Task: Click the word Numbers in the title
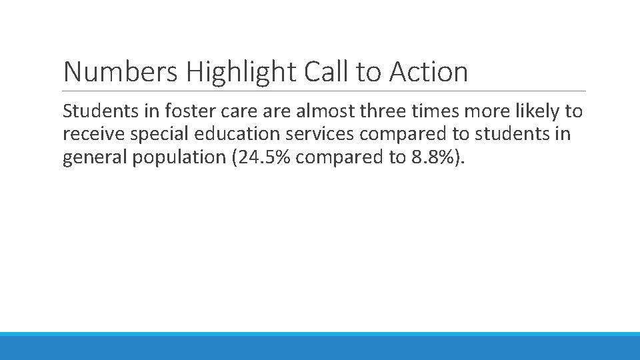tap(121, 72)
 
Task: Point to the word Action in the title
tap(429, 72)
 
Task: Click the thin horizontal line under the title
tap(324, 91)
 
